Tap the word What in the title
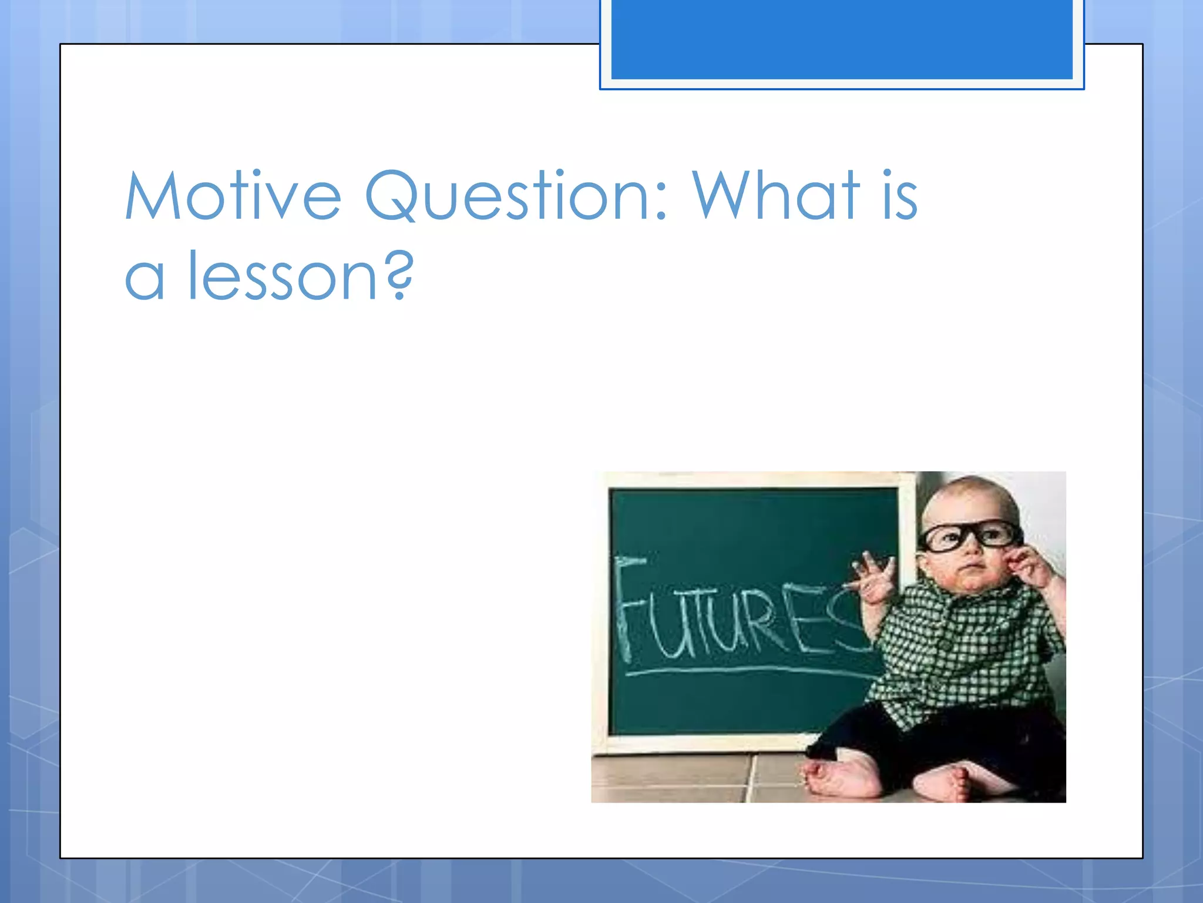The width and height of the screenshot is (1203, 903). (776, 196)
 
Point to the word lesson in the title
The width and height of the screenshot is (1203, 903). (281, 275)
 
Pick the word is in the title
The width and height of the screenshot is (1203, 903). (899, 196)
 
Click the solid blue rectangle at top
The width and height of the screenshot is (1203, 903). (841, 39)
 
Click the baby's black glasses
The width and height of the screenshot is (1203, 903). (969, 536)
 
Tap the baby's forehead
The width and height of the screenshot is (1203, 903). (963, 506)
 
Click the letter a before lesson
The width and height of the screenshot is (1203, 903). (144, 279)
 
